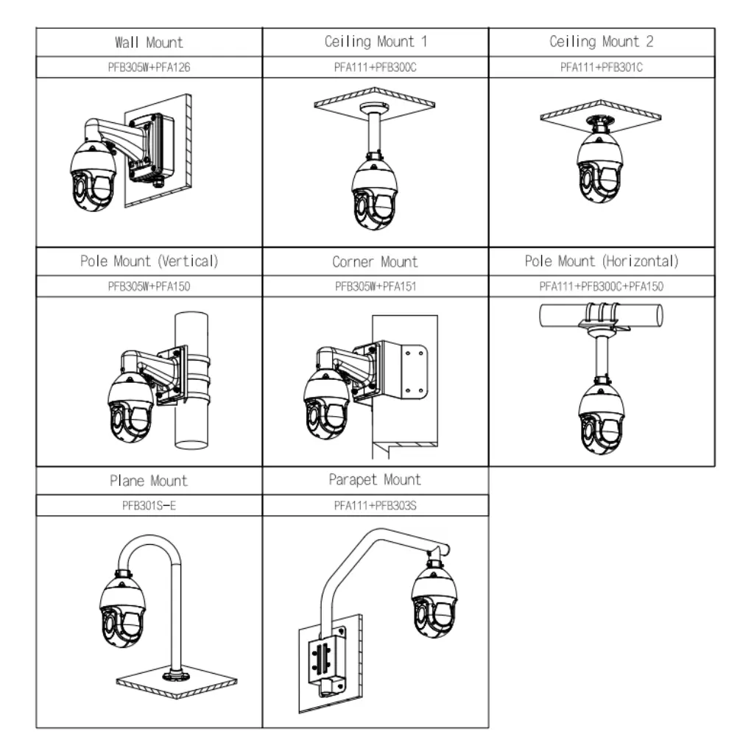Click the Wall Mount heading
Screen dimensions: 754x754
pos(149,42)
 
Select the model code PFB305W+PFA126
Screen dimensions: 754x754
pos(149,67)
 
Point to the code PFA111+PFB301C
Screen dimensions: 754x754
pos(601,67)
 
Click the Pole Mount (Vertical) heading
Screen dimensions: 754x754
pos(149,261)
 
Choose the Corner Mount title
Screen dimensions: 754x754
pos(375,261)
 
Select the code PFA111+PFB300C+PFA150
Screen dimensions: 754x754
pos(601,286)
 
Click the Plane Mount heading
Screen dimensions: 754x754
pos(149,481)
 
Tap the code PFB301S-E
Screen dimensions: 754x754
pos(149,506)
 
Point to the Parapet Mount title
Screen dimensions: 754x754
pos(375,480)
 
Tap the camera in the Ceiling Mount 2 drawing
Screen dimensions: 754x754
pos(599,167)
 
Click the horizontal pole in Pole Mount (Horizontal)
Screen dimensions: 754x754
pos(601,315)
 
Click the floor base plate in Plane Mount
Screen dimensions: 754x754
pos(177,681)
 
